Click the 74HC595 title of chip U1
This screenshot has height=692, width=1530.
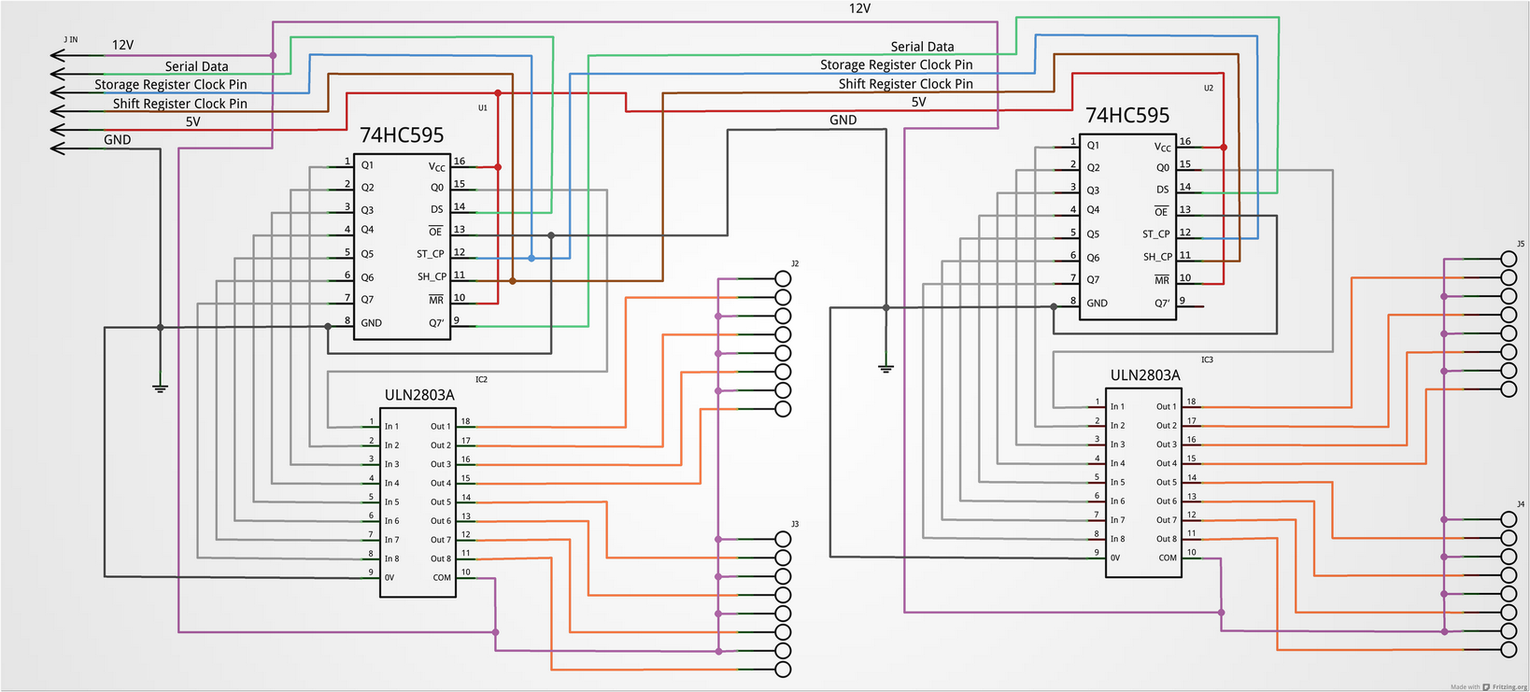pyautogui.click(x=402, y=135)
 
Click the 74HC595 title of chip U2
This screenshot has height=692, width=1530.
pyautogui.click(x=1127, y=116)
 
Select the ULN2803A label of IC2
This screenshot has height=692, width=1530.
pyautogui.click(x=419, y=395)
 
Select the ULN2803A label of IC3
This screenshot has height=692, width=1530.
pyautogui.click(x=1145, y=375)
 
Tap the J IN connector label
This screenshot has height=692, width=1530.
pyautogui.click(x=70, y=39)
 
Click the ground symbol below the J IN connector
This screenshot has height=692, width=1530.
pyautogui.click(x=160, y=388)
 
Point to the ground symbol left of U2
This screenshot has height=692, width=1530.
pyautogui.click(x=885, y=368)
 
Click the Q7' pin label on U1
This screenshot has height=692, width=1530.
pyautogui.click(x=436, y=323)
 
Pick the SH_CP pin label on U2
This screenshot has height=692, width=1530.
pyautogui.click(x=1157, y=257)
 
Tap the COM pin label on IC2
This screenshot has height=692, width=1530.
pyautogui.click(x=442, y=577)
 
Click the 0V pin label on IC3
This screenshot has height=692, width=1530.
pyautogui.click(x=1114, y=558)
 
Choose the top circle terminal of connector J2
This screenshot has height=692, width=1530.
pyautogui.click(x=783, y=278)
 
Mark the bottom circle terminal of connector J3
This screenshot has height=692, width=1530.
pyautogui.click(x=783, y=670)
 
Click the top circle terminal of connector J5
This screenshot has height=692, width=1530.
pyautogui.click(x=1509, y=259)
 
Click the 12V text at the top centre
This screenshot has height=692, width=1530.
pyautogui.click(x=859, y=8)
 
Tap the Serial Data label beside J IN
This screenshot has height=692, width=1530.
pyautogui.click(x=196, y=66)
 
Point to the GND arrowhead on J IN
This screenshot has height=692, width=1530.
pyautogui.click(x=57, y=148)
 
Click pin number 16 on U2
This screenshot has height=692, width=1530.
pyautogui.click(x=1184, y=141)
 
